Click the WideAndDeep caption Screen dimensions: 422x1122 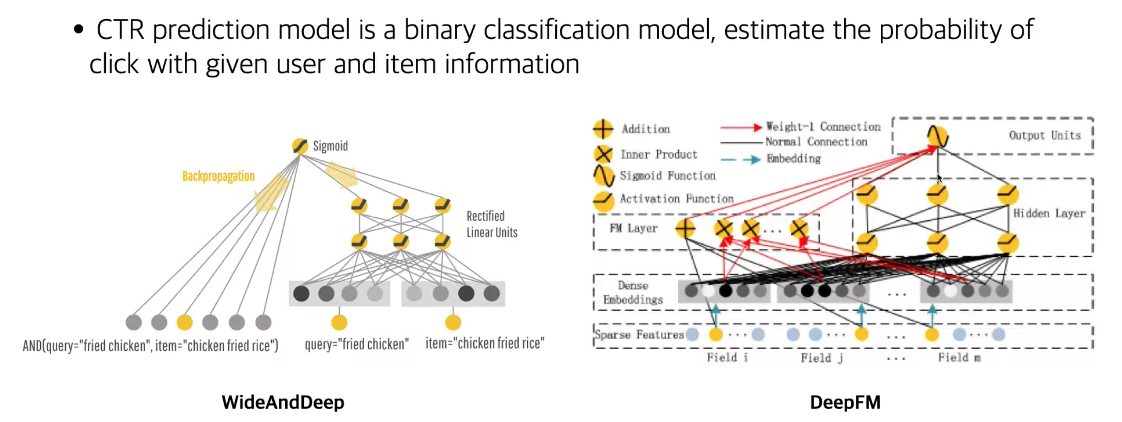point(283,402)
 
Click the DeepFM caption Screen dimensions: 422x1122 point(845,402)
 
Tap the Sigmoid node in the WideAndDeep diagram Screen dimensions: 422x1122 point(300,146)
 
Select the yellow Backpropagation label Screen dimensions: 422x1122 point(219,176)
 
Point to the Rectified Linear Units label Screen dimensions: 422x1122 point(491,224)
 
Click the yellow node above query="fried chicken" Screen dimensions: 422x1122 point(339,322)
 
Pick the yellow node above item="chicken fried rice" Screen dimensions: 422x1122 point(453,322)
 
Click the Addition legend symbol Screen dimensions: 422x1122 point(603,129)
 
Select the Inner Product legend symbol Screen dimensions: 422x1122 point(603,154)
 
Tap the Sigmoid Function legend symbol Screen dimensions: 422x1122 point(603,175)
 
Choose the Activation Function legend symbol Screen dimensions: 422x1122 point(603,200)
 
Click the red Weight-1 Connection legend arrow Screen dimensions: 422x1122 point(741,127)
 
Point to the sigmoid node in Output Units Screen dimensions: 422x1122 point(938,136)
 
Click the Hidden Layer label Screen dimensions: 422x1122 point(1049,214)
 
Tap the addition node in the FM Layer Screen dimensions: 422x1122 point(685,228)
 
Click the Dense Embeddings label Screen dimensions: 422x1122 point(633,293)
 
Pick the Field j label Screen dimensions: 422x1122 point(821,358)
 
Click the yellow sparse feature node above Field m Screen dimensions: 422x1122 point(931,335)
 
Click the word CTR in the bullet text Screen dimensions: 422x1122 point(120,29)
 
